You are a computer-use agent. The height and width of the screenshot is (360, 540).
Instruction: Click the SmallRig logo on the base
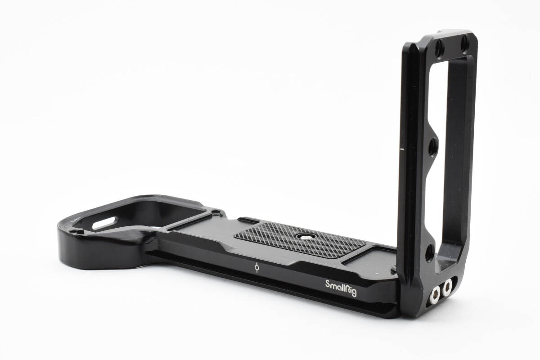coord(341,288)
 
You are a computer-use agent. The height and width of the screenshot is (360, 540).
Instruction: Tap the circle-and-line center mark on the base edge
coord(257,267)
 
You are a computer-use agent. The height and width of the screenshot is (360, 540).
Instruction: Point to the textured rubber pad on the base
coord(300,240)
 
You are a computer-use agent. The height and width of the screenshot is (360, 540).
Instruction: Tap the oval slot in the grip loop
coord(104,223)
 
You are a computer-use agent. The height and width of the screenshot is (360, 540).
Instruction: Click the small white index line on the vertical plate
coord(402,149)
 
